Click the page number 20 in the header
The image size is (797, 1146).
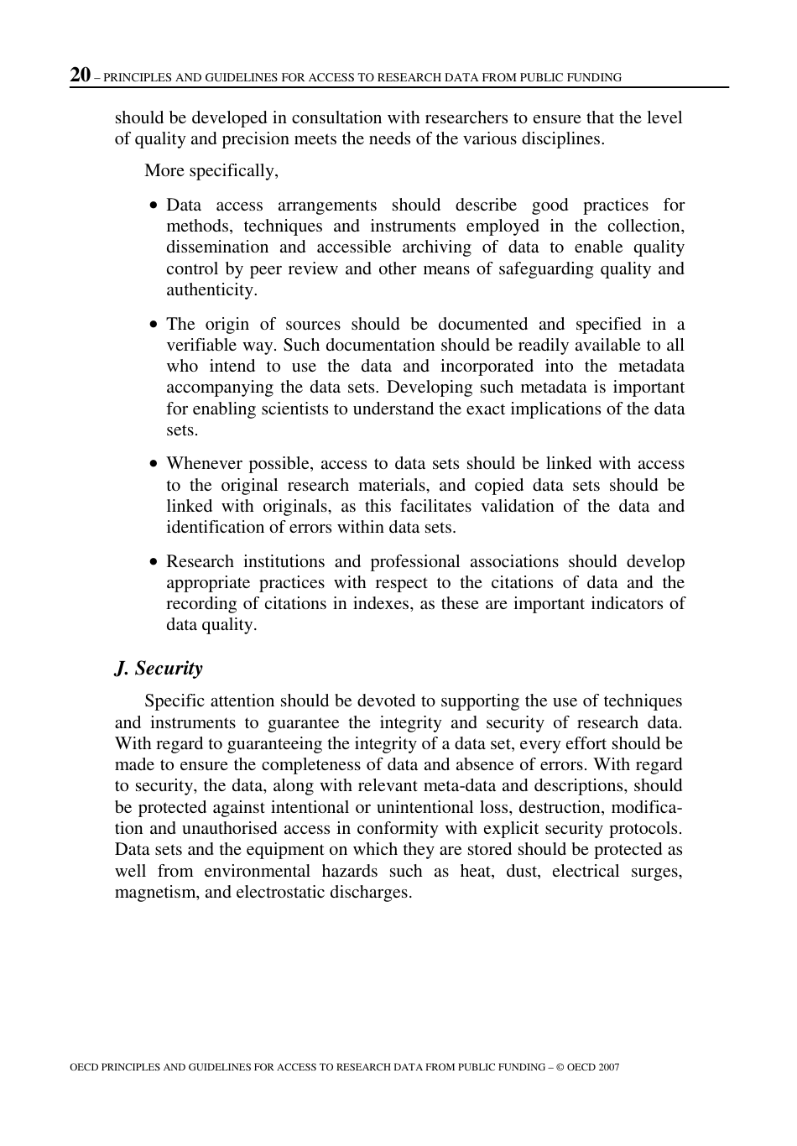tap(81, 75)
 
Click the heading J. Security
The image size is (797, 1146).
tap(159, 668)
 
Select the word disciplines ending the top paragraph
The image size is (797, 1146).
tap(560, 138)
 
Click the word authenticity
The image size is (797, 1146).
tap(211, 289)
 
